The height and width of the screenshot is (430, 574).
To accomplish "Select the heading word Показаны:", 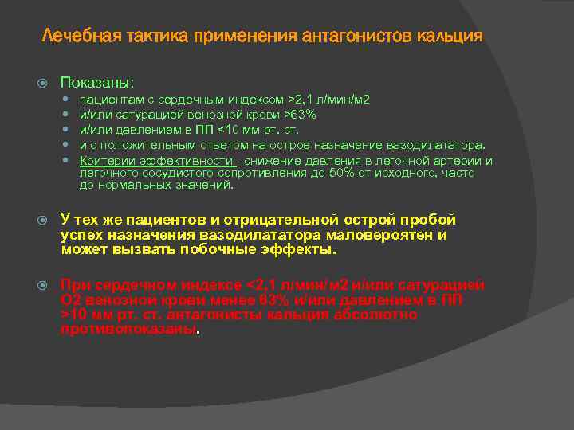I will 98,82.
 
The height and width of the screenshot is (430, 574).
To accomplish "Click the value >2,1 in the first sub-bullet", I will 303,100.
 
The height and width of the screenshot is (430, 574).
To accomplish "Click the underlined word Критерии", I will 103,161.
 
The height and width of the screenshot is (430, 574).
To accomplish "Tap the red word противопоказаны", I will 128,329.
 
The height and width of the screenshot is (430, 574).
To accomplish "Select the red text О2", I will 70,300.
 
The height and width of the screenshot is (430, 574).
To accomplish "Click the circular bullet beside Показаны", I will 45,82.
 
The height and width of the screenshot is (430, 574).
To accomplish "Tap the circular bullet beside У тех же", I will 45,221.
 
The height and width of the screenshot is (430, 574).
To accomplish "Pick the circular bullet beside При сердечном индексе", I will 45,286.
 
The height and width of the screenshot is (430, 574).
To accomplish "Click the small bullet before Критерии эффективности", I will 70,161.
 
